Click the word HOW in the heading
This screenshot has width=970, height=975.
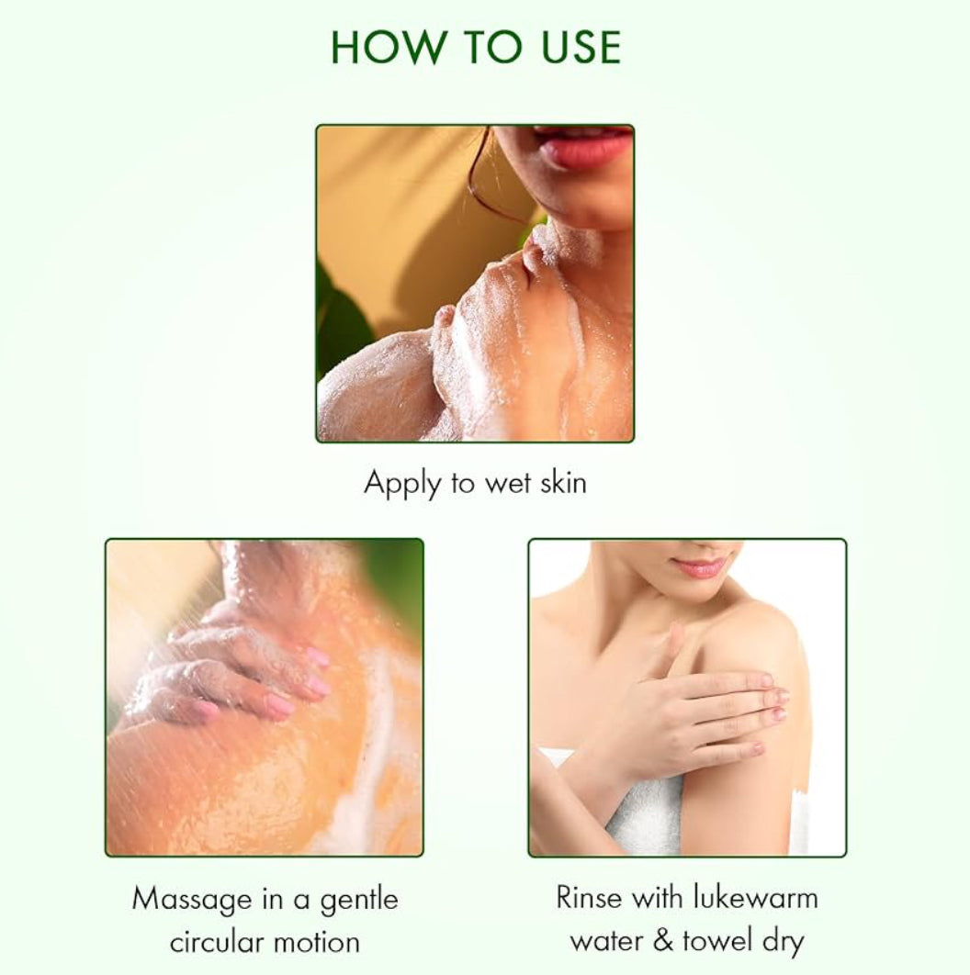[x=389, y=47]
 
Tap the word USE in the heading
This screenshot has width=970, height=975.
[x=581, y=47]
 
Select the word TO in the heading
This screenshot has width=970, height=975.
[x=492, y=47]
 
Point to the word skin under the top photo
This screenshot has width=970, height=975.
[x=563, y=482]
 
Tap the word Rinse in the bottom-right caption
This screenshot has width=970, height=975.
[x=589, y=898]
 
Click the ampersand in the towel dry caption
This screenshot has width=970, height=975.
[x=663, y=940]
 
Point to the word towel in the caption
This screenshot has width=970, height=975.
[x=717, y=940]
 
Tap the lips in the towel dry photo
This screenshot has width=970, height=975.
[x=697, y=567]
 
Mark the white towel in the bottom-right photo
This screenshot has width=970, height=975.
[x=647, y=802]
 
